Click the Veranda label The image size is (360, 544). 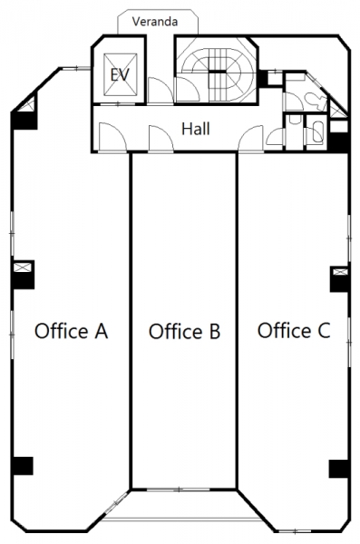tap(155, 22)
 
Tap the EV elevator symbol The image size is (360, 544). tap(120, 74)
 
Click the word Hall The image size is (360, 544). tap(196, 129)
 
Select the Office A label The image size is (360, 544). tap(71, 331)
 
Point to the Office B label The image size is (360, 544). tap(184, 331)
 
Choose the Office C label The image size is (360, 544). tap(294, 330)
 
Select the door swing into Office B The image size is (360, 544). tap(161, 139)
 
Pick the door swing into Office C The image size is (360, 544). tap(250, 139)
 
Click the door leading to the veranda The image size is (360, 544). tap(160, 90)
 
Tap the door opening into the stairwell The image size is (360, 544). tap(188, 90)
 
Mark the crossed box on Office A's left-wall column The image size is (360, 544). tap(23, 267)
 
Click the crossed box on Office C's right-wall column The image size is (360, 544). tap(340, 272)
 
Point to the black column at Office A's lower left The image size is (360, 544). tap(23, 466)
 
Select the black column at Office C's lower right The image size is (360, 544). tap(339, 469)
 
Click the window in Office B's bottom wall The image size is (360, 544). tap(178, 490)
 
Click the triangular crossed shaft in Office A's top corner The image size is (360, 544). tap(28, 105)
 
